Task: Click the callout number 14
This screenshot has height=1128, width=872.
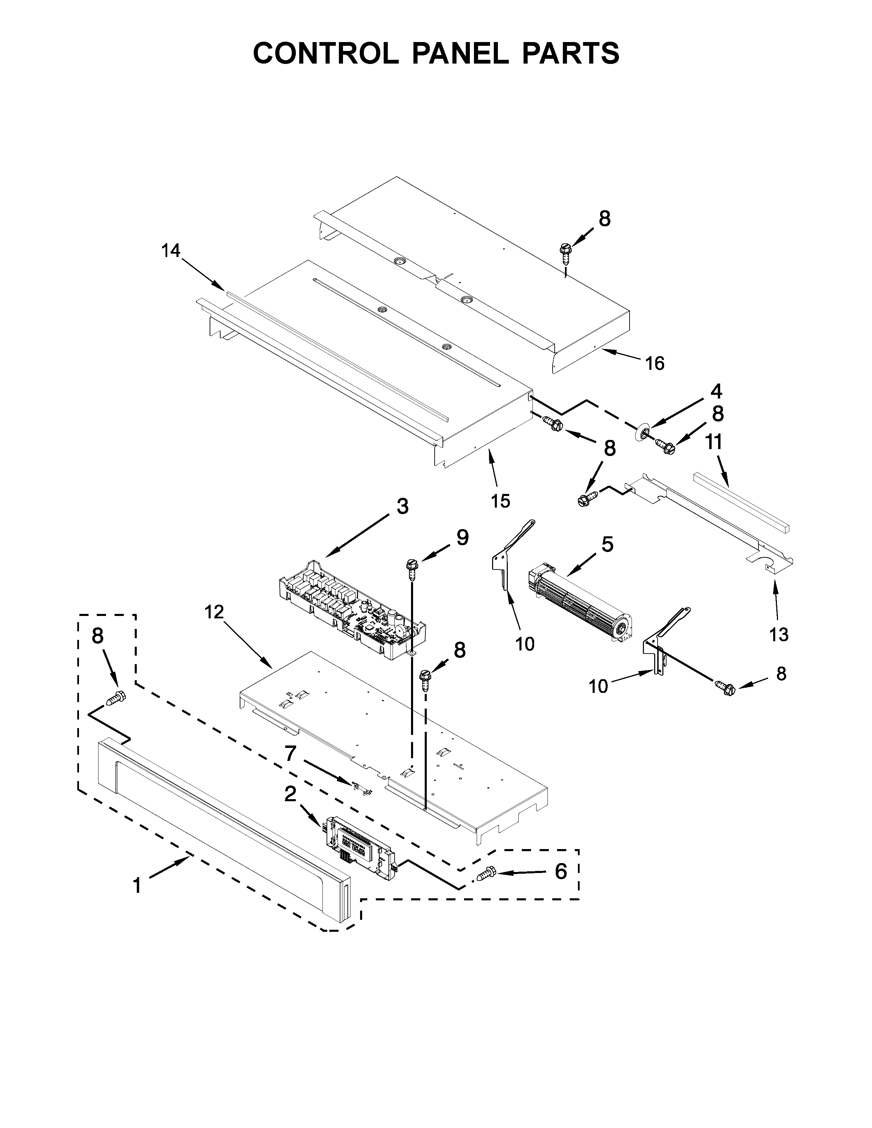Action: coord(171,251)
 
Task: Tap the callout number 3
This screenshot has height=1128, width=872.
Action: coord(402,507)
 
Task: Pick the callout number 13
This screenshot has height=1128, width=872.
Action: coord(779,634)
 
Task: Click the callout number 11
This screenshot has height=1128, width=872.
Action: coord(714,443)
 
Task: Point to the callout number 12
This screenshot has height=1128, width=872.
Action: coord(214,612)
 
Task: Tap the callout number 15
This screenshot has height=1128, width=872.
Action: coord(501,500)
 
